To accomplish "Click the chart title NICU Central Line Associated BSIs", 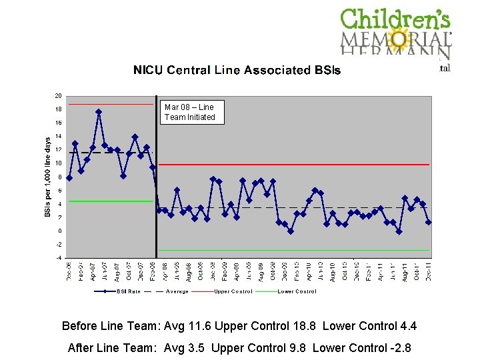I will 237,70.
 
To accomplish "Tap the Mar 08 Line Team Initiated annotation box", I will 190,112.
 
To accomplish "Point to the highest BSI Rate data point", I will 99,112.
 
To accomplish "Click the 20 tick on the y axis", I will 58,96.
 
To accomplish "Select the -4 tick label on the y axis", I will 58,257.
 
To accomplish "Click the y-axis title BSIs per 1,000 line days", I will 48,176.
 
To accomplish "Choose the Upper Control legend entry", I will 233,291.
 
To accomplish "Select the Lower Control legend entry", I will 297,291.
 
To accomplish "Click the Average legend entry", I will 177,291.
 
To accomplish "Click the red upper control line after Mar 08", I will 293,164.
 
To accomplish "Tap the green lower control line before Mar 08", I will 110,201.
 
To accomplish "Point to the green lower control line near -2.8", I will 293,250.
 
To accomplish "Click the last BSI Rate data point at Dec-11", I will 429,222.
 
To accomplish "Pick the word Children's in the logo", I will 395,19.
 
